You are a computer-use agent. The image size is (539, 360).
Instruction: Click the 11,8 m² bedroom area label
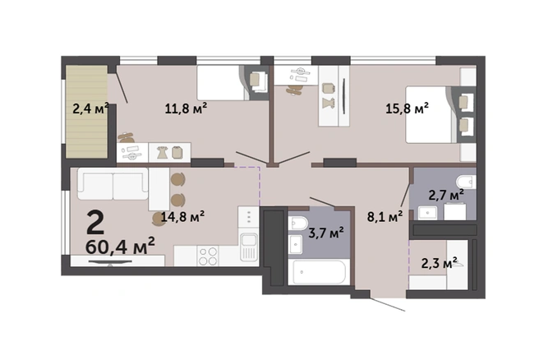pyautogui.click(x=186, y=108)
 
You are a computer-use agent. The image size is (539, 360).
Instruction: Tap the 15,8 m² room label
pyautogui.click(x=407, y=108)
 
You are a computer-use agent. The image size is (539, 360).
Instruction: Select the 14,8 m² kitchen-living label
pyautogui.click(x=182, y=216)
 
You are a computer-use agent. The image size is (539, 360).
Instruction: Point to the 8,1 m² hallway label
pyautogui.click(x=385, y=217)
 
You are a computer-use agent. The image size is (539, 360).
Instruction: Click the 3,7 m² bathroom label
pyautogui.click(x=326, y=233)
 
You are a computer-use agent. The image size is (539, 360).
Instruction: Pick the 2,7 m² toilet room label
pyautogui.click(x=446, y=195)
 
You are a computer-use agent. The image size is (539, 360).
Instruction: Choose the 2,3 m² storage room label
pyautogui.click(x=440, y=263)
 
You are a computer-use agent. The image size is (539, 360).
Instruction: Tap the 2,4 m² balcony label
pyautogui.click(x=90, y=108)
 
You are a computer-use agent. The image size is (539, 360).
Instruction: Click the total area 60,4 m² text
pyautogui.click(x=120, y=246)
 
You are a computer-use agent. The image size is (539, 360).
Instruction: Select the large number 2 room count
pyautogui.click(x=95, y=222)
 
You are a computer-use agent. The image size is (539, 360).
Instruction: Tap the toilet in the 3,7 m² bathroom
pyautogui.click(x=297, y=224)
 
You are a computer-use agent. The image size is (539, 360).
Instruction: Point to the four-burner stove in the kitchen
pyautogui.click(x=208, y=256)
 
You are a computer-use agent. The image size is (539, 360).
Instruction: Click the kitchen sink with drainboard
pyautogui.click(x=248, y=247)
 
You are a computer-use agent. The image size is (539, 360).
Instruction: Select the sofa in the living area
pyautogui.click(x=113, y=183)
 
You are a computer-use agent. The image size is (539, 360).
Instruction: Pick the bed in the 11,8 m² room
pyautogui.click(x=223, y=83)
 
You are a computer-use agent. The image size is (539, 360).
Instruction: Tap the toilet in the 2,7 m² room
pyautogui.click(x=466, y=182)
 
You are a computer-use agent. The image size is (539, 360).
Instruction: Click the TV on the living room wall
pyautogui.click(x=110, y=263)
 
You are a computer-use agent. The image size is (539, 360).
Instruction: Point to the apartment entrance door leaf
pyautogui.click(x=388, y=304)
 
